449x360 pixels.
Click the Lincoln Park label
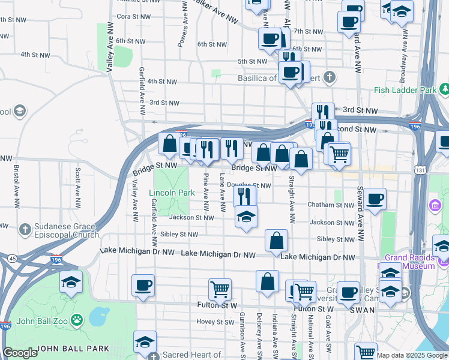172,193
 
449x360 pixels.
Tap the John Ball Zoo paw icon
76,320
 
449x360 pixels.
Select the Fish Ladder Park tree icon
445,89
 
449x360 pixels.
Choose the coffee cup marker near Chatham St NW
375,200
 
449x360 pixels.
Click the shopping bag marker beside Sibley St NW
276,241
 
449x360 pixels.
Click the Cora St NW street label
131,17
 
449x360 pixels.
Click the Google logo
20,353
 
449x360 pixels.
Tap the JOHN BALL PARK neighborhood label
73,348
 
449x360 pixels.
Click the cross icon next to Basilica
329,77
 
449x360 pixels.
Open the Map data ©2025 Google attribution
412,355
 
